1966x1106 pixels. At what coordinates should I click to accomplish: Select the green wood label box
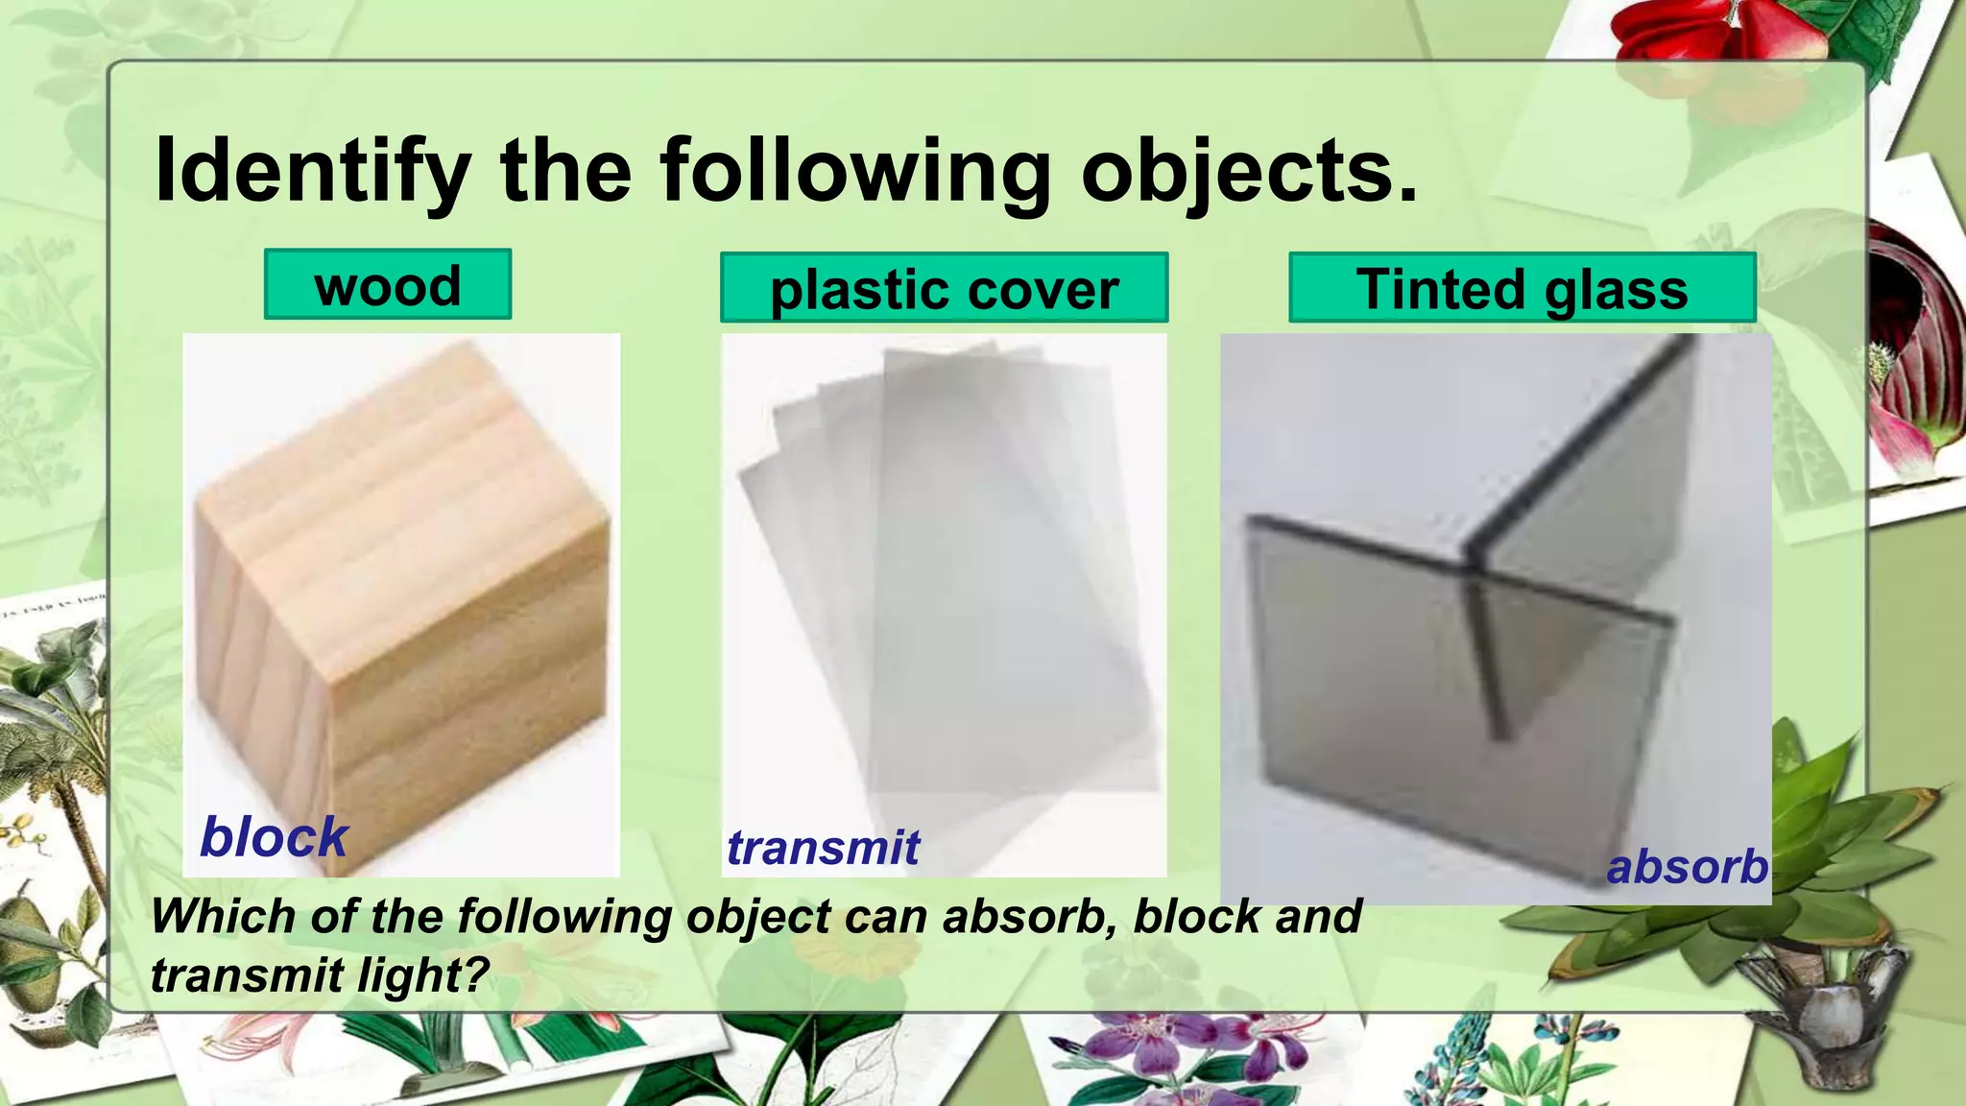[x=388, y=285]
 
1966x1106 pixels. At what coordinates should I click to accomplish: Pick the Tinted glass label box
[x=1522, y=288]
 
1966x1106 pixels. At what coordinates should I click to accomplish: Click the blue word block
[x=274, y=837]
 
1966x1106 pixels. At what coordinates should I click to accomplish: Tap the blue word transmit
[x=823, y=848]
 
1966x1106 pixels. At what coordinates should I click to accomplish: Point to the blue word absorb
[x=1687, y=867]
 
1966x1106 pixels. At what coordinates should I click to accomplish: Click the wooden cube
[x=403, y=614]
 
